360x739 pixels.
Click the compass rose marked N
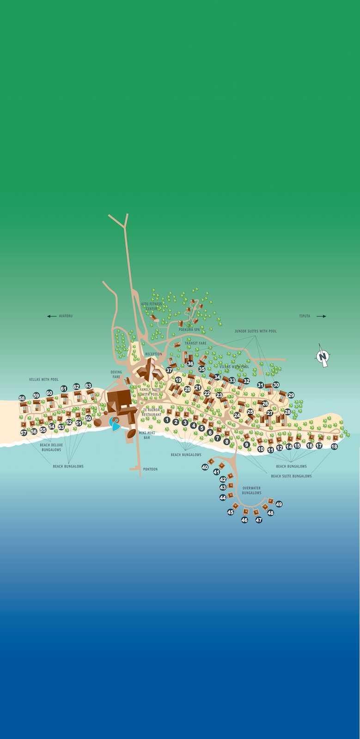[322, 356]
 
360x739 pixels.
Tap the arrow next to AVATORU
[52, 316]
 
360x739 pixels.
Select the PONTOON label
[150, 469]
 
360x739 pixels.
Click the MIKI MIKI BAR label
[146, 435]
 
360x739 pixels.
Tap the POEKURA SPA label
[189, 330]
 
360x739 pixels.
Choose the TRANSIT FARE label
[195, 344]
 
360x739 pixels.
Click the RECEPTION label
[154, 354]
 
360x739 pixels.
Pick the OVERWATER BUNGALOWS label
[251, 491]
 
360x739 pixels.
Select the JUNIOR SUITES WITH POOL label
[256, 331]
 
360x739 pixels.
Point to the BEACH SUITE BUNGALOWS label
[291, 476]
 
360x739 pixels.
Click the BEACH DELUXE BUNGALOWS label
[51, 448]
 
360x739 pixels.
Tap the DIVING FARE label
[116, 375]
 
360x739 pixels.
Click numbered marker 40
[205, 467]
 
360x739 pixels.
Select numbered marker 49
[279, 504]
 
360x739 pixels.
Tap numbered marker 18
[334, 447]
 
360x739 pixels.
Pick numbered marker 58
[22, 398]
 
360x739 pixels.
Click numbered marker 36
[190, 364]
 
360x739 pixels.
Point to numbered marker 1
[167, 420]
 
